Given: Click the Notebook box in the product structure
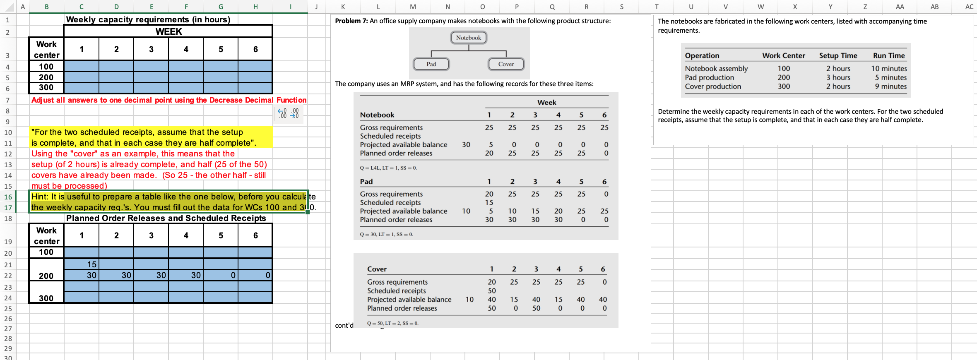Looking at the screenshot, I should click(x=468, y=38).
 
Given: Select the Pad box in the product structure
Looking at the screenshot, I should click(x=431, y=64).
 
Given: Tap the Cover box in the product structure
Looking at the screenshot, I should click(x=506, y=64).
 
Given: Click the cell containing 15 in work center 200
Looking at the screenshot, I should click(x=82, y=264).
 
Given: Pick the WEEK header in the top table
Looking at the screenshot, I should click(x=168, y=31).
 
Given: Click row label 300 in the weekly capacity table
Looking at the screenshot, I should click(x=46, y=87).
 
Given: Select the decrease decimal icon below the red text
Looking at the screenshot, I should click(x=295, y=113).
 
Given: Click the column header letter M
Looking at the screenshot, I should click(x=412, y=7).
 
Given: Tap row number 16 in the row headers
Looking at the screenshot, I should click(x=8, y=197).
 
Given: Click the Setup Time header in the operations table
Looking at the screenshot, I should click(x=838, y=55).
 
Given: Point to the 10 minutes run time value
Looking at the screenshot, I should click(x=888, y=69).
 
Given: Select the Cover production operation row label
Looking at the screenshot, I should click(x=712, y=86).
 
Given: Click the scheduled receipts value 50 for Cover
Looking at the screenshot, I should click(x=491, y=291).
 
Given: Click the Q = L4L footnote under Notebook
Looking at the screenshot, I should click(x=388, y=168).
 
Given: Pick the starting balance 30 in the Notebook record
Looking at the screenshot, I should click(x=466, y=145).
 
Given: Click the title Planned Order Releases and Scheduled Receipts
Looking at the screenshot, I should click(x=166, y=218).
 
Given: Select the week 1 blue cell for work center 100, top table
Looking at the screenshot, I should click(x=82, y=67).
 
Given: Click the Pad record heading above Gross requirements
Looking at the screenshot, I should click(x=366, y=182).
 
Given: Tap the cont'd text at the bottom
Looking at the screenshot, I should click(x=344, y=326).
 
